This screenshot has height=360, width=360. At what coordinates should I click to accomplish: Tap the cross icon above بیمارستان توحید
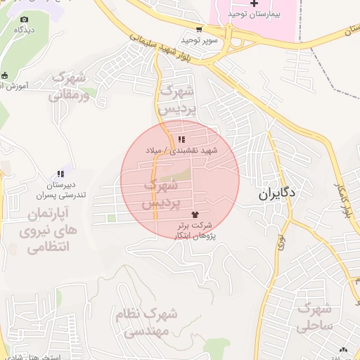(x=254, y=4)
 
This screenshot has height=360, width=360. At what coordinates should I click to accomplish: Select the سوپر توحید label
(x=202, y=40)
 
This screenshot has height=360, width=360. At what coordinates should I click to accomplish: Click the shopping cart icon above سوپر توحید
(x=200, y=30)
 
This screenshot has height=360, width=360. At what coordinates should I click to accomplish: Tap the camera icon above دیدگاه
(x=25, y=20)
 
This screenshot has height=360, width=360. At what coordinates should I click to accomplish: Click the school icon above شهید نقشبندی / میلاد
(x=182, y=140)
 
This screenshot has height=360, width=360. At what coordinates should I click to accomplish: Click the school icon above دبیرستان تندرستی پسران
(x=60, y=174)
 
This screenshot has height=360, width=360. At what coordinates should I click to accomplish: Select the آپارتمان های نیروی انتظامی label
(x=48, y=229)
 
